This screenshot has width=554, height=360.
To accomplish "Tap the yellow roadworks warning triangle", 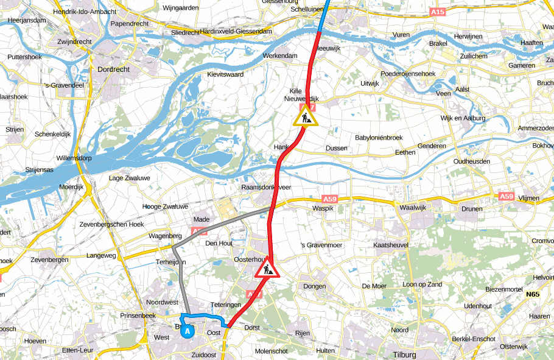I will (x=305, y=116).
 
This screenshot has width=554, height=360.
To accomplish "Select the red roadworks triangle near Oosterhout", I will (x=267, y=267).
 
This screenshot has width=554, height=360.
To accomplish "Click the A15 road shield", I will (x=437, y=12).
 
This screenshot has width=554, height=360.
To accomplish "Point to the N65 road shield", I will (x=533, y=295).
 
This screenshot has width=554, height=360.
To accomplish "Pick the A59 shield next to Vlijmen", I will (x=506, y=197).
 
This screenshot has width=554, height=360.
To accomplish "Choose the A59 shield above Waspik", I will (x=329, y=199).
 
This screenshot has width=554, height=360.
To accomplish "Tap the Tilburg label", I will (x=404, y=355).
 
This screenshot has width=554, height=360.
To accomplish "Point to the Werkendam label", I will (x=280, y=55).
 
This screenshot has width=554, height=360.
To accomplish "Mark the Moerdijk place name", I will (x=71, y=186).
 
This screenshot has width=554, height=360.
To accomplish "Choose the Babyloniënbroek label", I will (x=379, y=138).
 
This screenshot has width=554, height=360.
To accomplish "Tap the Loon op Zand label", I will (x=423, y=284).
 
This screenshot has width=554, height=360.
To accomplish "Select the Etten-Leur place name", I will (x=78, y=351).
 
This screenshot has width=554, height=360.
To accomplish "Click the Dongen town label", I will (x=315, y=286).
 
